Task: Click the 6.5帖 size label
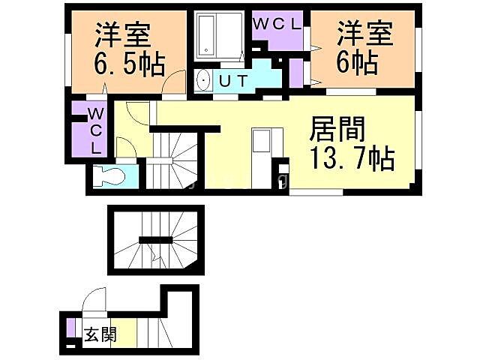tap(128, 65)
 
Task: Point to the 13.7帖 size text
tap(352, 159)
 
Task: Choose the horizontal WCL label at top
tap(276, 23)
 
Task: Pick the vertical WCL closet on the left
tap(95, 130)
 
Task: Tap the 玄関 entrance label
tap(100, 334)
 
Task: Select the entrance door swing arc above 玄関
tap(96, 304)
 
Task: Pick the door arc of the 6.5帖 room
tap(174, 80)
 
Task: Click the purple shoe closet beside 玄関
tap(70, 328)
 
